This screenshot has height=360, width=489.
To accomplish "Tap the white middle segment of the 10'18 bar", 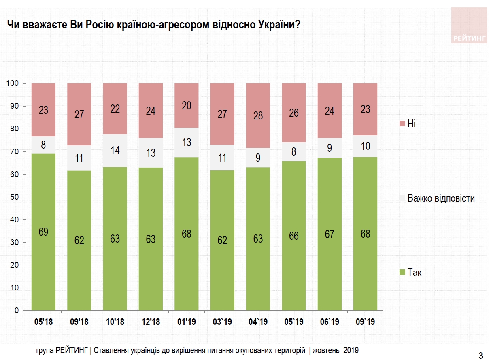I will (x=115, y=150).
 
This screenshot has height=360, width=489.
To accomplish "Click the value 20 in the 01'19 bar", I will (x=187, y=105).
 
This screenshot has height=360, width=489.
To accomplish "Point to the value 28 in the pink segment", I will (x=258, y=116).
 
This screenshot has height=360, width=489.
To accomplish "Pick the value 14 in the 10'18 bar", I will (x=115, y=150).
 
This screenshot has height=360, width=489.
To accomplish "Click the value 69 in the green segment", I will (x=43, y=232).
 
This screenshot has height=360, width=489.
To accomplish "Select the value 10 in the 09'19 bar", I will (x=365, y=146).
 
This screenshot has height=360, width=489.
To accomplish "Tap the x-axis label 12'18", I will (x=151, y=322).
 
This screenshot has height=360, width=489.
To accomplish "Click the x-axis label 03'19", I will (x=222, y=322).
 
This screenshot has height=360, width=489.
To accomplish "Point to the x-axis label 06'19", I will (x=330, y=322).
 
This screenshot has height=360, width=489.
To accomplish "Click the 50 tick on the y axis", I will (x=14, y=197).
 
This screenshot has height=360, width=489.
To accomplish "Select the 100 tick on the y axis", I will (x=12, y=83).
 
